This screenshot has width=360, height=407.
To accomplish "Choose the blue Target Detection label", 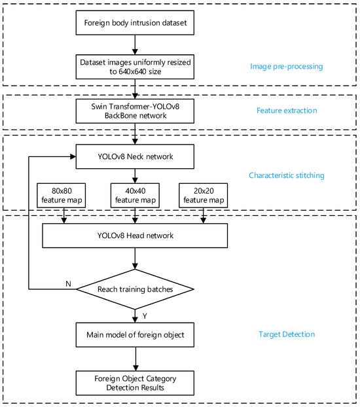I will [x=286, y=334].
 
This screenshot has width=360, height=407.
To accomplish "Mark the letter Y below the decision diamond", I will [x=144, y=315].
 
